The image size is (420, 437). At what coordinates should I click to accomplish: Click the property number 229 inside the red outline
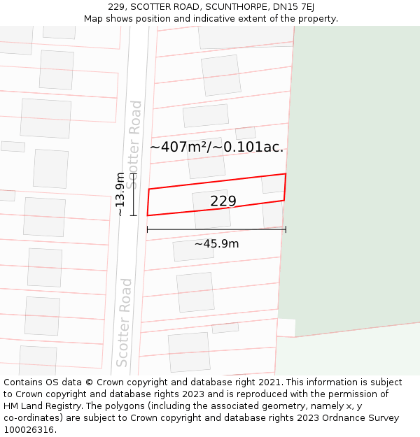click(x=223, y=201)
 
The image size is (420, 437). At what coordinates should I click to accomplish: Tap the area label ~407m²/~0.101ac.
click(x=216, y=147)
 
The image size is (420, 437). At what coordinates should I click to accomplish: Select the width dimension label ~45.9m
click(x=216, y=244)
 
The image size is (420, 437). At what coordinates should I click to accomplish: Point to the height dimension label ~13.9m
click(x=120, y=194)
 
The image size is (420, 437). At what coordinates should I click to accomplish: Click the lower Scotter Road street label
click(x=124, y=322)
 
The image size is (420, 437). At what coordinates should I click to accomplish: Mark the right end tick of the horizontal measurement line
click(x=286, y=229)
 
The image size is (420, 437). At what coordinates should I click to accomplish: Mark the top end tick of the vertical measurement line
click(x=132, y=174)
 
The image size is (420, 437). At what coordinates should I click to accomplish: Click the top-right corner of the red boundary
click(x=286, y=173)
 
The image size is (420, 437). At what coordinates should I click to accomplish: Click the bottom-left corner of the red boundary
click(x=147, y=215)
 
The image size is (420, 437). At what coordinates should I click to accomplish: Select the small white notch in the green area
click(x=286, y=327)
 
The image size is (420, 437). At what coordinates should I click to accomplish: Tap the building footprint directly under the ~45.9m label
click(x=193, y=250)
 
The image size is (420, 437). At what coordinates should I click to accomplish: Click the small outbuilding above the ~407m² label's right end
click(x=245, y=133)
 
